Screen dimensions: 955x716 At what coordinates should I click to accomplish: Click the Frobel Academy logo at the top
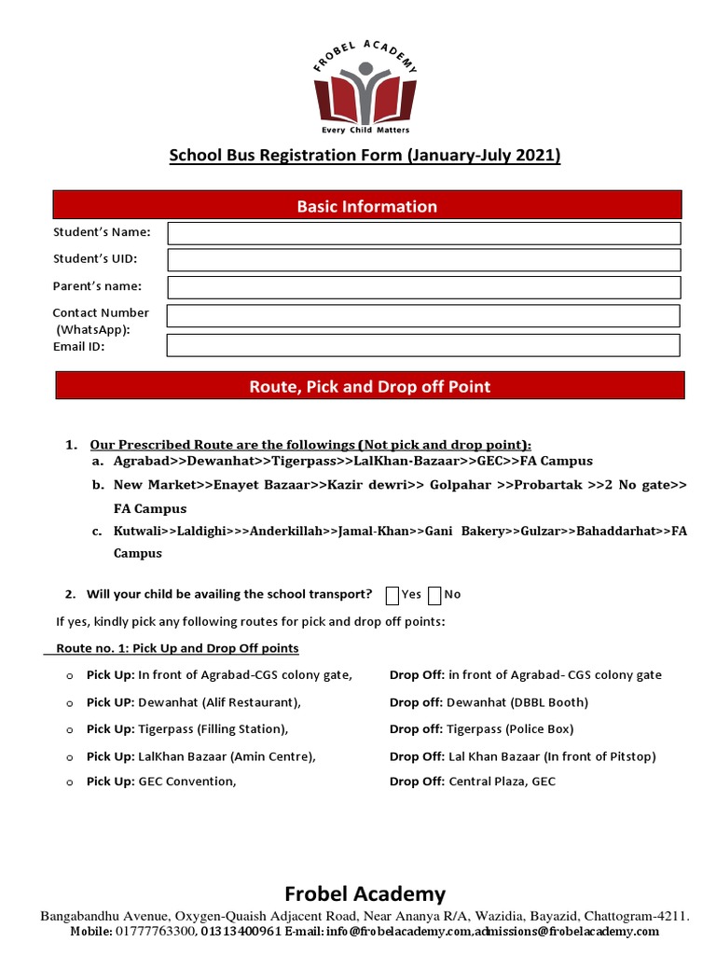click(x=365, y=90)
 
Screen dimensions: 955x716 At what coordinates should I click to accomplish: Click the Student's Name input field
click(x=423, y=233)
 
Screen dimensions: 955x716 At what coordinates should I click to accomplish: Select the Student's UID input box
click(x=423, y=260)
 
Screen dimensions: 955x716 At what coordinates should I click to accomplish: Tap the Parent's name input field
click(x=423, y=287)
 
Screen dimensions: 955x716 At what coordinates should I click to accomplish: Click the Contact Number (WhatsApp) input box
click(x=423, y=316)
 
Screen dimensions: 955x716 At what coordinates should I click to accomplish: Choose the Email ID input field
click(x=423, y=345)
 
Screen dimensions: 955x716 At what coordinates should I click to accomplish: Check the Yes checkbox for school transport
click(x=392, y=595)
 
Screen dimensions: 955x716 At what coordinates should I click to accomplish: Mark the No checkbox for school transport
click(x=434, y=595)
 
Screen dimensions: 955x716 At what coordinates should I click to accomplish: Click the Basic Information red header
click(x=366, y=206)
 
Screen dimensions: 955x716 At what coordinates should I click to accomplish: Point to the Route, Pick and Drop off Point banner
click(x=369, y=386)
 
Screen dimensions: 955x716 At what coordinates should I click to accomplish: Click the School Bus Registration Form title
click(x=365, y=156)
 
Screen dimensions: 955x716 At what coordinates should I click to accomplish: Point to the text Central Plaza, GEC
click(x=502, y=782)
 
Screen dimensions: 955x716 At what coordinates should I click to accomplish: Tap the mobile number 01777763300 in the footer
click(x=155, y=932)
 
